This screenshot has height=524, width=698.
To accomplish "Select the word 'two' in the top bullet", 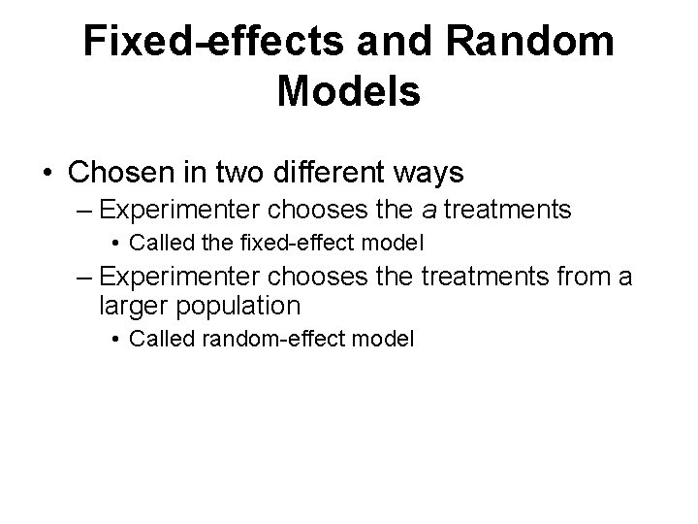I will pos(243,173).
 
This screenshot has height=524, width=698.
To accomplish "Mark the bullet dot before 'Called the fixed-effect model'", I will pos(115,242).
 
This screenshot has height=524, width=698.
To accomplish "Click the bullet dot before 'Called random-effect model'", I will pos(115,339).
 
